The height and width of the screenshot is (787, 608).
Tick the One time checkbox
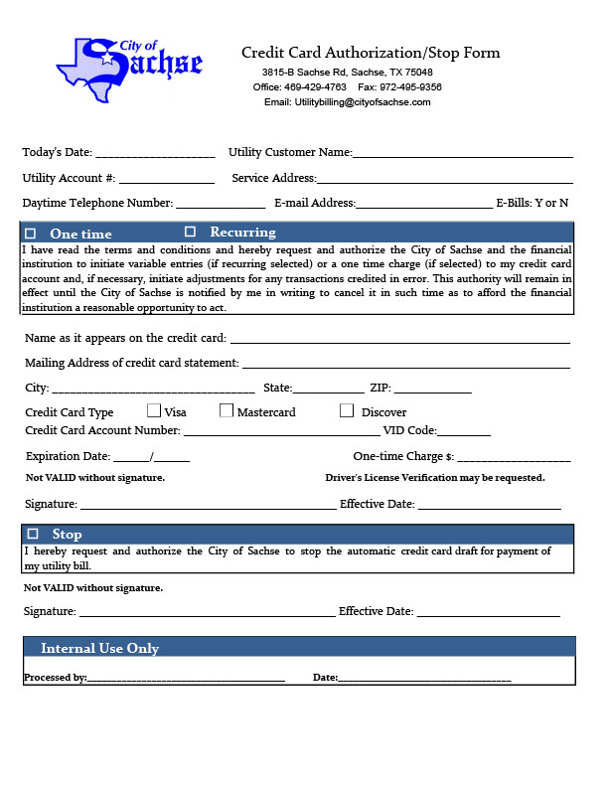click(x=30, y=234)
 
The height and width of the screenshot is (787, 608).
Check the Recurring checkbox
click(x=190, y=232)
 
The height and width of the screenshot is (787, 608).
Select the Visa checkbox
click(x=154, y=410)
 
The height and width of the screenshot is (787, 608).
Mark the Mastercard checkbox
click(x=227, y=410)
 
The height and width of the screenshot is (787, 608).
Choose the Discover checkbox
click(x=347, y=410)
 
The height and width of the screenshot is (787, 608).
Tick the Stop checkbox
click(x=33, y=534)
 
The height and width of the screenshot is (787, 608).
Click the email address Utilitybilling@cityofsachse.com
click(x=347, y=102)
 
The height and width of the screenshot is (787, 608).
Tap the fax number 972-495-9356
click(x=408, y=87)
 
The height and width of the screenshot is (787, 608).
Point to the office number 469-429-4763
click(x=315, y=87)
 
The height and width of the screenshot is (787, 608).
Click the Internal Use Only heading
click(x=99, y=649)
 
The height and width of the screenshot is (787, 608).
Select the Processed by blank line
click(x=186, y=679)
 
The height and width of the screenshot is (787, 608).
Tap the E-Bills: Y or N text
click(x=532, y=204)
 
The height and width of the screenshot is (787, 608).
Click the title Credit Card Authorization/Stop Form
click(x=371, y=53)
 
